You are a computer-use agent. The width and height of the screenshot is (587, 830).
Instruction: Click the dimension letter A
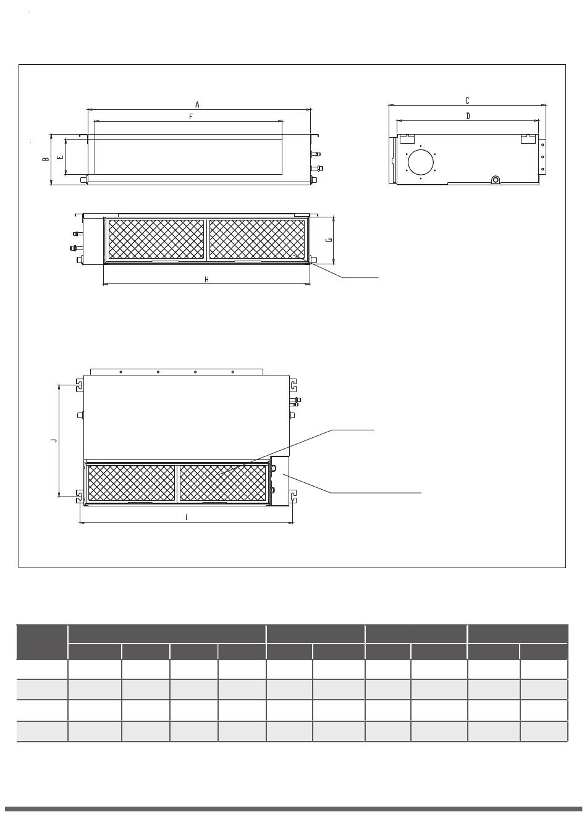pos(197,105)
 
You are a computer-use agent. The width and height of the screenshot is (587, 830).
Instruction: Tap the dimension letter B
pos(45,159)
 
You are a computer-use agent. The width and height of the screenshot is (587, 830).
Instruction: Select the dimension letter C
pos(467,101)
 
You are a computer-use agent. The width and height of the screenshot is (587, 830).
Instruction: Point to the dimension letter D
pos(468,116)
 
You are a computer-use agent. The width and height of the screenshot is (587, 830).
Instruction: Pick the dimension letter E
pos(60,157)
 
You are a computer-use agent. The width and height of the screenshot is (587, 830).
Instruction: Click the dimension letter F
pos(191,117)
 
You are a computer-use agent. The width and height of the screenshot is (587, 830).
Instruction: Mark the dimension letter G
pos(329,240)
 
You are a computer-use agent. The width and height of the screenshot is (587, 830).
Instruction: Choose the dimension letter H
pos(206,279)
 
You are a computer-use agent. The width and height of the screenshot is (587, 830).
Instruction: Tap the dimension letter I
pos(186,518)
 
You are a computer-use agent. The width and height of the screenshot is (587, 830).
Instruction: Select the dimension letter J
pos(54,440)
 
